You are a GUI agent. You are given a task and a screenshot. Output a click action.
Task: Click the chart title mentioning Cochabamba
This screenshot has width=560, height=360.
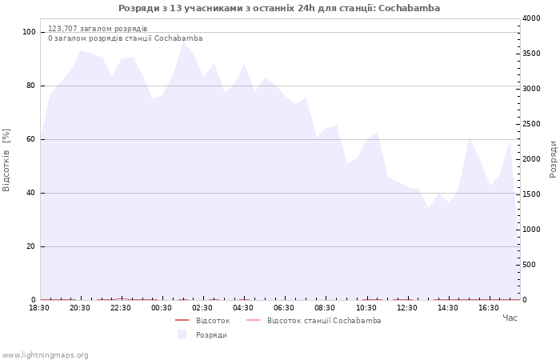pyautogui.click(x=279, y=8)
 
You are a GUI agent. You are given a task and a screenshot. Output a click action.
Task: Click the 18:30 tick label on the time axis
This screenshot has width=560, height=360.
pyautogui.click(x=39, y=308)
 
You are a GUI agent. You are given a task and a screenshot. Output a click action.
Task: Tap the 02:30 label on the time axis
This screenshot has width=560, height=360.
pyautogui.click(x=202, y=308)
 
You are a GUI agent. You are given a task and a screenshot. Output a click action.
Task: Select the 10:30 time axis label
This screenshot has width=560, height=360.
pyautogui.click(x=366, y=308)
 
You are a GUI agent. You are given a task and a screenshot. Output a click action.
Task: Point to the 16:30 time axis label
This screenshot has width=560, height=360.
pyautogui.click(x=489, y=308)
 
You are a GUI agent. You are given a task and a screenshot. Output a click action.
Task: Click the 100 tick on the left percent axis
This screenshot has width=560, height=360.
pyautogui.click(x=29, y=32)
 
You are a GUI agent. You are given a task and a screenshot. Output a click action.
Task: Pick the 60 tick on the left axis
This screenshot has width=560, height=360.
pyautogui.click(x=30, y=139)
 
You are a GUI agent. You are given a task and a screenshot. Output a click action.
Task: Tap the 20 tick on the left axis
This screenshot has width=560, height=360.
pyautogui.click(x=30, y=246)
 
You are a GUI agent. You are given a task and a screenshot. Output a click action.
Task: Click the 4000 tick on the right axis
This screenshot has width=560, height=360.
pyautogui.click(x=531, y=18)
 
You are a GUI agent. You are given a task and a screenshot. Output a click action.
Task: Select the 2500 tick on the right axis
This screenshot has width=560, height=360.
pyautogui.click(x=531, y=124)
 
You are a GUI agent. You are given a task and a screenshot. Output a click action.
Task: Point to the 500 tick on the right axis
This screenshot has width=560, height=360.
pyautogui.click(x=529, y=265)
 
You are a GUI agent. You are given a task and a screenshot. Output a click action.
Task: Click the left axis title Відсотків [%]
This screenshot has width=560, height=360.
pyautogui.click(x=6, y=160)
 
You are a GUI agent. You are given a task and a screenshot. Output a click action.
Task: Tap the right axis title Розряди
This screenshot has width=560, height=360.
pyautogui.click(x=554, y=159)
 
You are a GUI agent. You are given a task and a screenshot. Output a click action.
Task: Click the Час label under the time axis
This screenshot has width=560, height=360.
pyautogui.click(x=510, y=318)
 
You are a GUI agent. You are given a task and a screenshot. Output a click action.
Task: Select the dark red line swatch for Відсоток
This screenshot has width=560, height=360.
pyautogui.click(x=182, y=320)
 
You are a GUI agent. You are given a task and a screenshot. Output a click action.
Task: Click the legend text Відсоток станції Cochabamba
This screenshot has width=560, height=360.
pyautogui.click(x=324, y=321)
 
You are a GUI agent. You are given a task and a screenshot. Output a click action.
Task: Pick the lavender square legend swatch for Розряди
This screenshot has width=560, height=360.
pyautogui.click(x=182, y=334)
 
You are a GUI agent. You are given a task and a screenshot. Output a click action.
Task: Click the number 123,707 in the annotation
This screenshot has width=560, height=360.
pyautogui.click(x=62, y=29)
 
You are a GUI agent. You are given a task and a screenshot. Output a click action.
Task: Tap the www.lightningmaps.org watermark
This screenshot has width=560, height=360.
pyautogui.click(x=45, y=355)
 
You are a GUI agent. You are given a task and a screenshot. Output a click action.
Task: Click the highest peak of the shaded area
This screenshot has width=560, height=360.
pyautogui.click(x=183, y=42)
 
